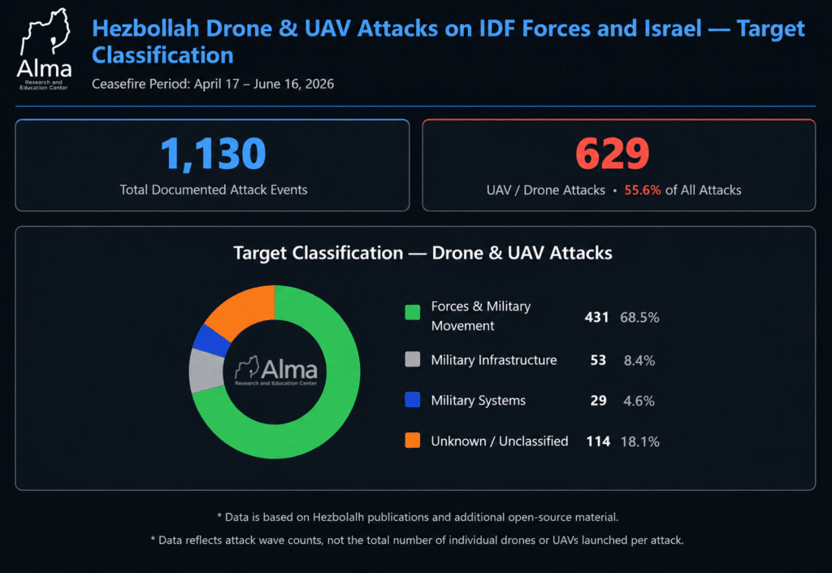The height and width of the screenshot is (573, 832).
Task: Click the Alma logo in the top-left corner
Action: [x=45, y=50]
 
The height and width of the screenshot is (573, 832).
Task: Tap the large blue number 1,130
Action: [x=213, y=154]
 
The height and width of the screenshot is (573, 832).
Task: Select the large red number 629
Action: [x=613, y=154]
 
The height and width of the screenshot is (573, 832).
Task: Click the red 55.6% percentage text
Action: [x=642, y=190]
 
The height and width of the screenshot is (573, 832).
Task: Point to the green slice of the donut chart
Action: [x=340, y=403]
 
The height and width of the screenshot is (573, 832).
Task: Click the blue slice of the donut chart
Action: [x=211, y=341]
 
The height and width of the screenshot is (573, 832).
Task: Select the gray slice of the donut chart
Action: [x=206, y=371]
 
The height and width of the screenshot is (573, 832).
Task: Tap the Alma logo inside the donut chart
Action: [x=276, y=371]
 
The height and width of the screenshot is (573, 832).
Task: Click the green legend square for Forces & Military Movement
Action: [x=412, y=312]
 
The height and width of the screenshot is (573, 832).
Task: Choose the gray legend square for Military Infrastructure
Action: [x=412, y=359]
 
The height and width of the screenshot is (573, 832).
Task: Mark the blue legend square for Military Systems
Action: [x=412, y=400]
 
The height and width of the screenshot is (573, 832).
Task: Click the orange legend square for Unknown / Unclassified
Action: [x=412, y=441]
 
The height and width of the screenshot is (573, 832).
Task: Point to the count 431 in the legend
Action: [x=596, y=317]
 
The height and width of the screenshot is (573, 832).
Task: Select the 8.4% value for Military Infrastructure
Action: [x=639, y=361]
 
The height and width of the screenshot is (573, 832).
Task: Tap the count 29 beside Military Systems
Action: [x=599, y=401]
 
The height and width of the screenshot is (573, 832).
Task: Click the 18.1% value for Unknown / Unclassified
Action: [x=640, y=441]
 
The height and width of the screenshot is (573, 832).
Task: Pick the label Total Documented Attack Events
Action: [x=214, y=190]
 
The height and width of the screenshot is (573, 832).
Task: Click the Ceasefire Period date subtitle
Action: [x=213, y=84]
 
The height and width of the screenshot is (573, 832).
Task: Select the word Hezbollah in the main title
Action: [x=145, y=28]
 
